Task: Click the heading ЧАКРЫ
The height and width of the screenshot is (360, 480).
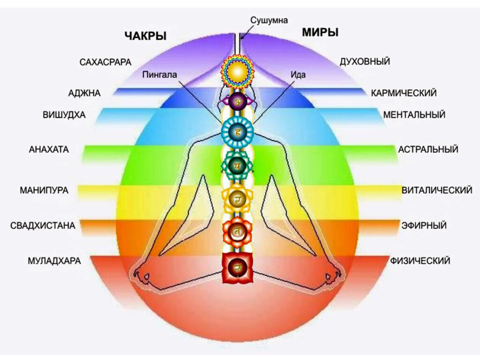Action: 145,36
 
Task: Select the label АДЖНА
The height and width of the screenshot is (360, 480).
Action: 84,93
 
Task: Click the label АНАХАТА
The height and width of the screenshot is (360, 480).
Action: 49,150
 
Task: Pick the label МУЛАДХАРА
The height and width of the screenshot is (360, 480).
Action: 52,261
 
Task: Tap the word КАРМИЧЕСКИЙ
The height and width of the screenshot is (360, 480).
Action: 404,93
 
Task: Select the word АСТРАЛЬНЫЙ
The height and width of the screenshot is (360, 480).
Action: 428,150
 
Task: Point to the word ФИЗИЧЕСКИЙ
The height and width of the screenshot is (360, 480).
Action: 420,260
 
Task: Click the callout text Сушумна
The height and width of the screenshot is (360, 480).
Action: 269,20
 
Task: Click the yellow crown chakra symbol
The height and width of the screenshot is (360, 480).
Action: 237,71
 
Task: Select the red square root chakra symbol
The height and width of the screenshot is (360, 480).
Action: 237,268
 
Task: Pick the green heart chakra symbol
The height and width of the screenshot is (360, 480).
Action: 237,164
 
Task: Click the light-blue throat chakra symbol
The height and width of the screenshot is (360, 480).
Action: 237,133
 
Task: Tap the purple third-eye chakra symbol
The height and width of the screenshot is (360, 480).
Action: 237,101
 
